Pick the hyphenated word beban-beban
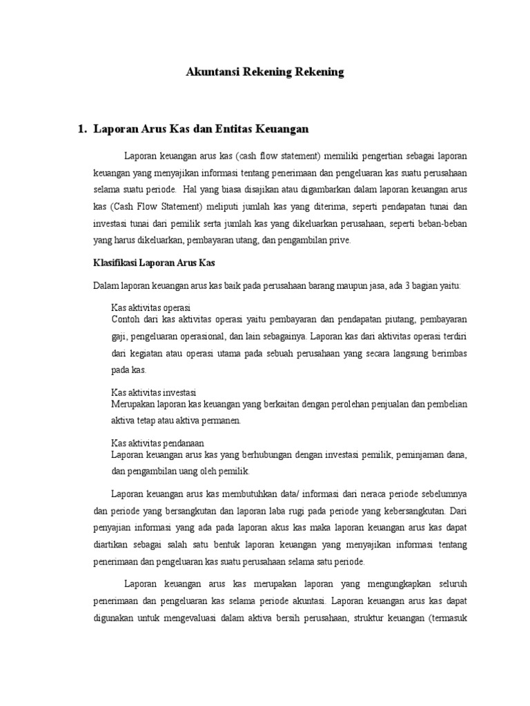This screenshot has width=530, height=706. (x=444, y=223)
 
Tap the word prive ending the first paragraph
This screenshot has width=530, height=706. (x=340, y=241)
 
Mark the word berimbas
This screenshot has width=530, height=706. (x=449, y=353)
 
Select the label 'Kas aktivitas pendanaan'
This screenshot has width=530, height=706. (x=158, y=443)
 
